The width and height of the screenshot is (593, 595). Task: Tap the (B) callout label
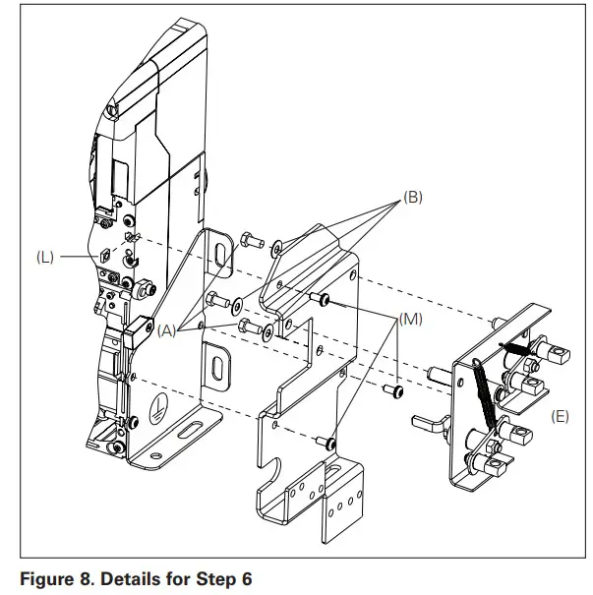(x=412, y=197)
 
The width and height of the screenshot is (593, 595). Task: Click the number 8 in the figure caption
(x=82, y=578)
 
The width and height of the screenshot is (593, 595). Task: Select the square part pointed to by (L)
(x=101, y=256)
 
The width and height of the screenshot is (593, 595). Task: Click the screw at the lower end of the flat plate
(x=330, y=446)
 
